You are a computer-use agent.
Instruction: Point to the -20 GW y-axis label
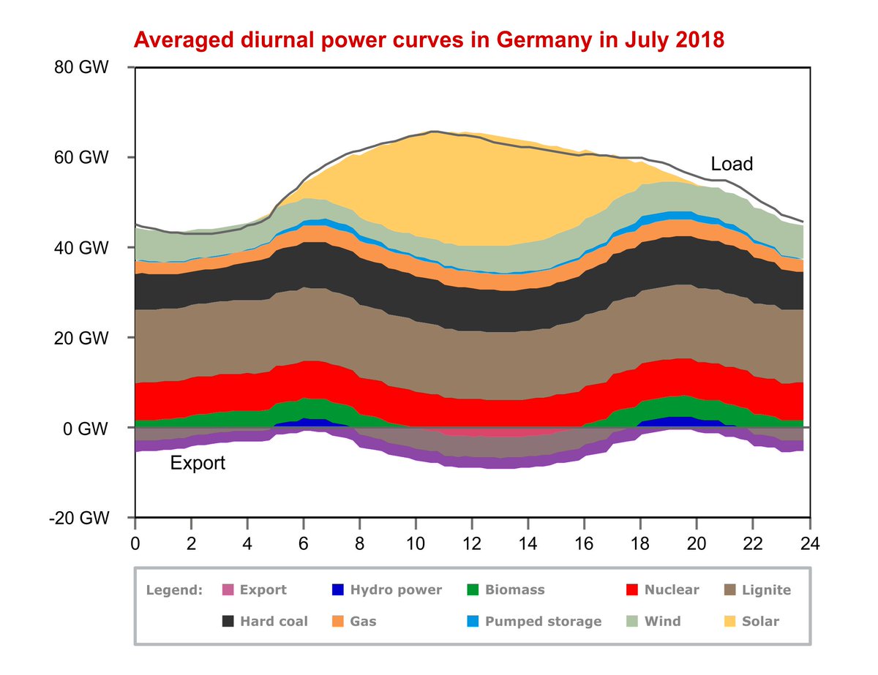click(81, 518)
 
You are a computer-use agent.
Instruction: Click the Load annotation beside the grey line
click(732, 165)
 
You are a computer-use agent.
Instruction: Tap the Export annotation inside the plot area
click(198, 463)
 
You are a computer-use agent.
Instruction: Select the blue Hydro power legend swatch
click(337, 589)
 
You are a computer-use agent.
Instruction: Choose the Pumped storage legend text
click(544, 621)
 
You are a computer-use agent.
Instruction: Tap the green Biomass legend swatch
click(472, 589)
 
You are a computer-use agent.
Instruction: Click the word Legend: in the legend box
click(174, 589)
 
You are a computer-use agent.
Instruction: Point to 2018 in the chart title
click(696, 39)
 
